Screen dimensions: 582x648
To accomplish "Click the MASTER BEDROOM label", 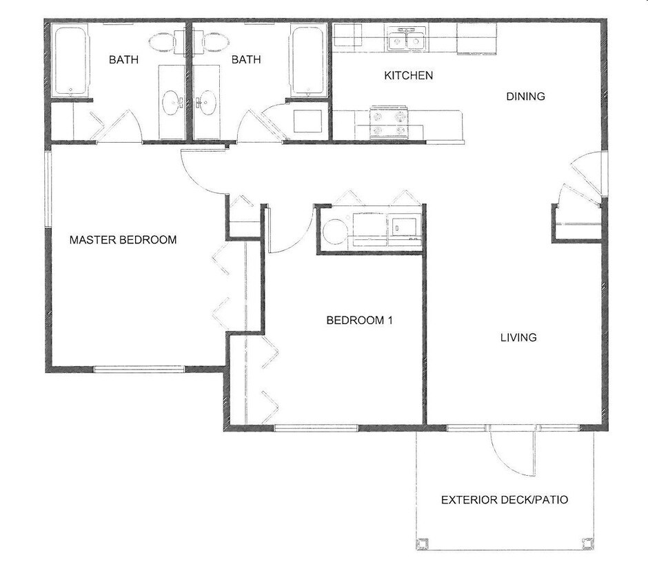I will (x=123, y=240).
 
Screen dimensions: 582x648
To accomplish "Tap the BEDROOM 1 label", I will (x=359, y=320).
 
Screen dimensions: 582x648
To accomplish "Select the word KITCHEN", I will (x=408, y=75).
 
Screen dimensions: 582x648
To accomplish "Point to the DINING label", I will (x=525, y=97).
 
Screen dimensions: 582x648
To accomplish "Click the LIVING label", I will (x=518, y=337).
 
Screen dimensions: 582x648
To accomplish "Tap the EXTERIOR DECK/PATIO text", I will (x=505, y=499).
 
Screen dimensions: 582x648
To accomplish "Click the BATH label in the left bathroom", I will (x=123, y=60).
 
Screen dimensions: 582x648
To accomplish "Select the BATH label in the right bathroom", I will (x=246, y=60).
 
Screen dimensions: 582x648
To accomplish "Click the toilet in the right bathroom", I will (x=215, y=41).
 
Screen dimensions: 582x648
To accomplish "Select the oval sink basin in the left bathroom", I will (x=170, y=103).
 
